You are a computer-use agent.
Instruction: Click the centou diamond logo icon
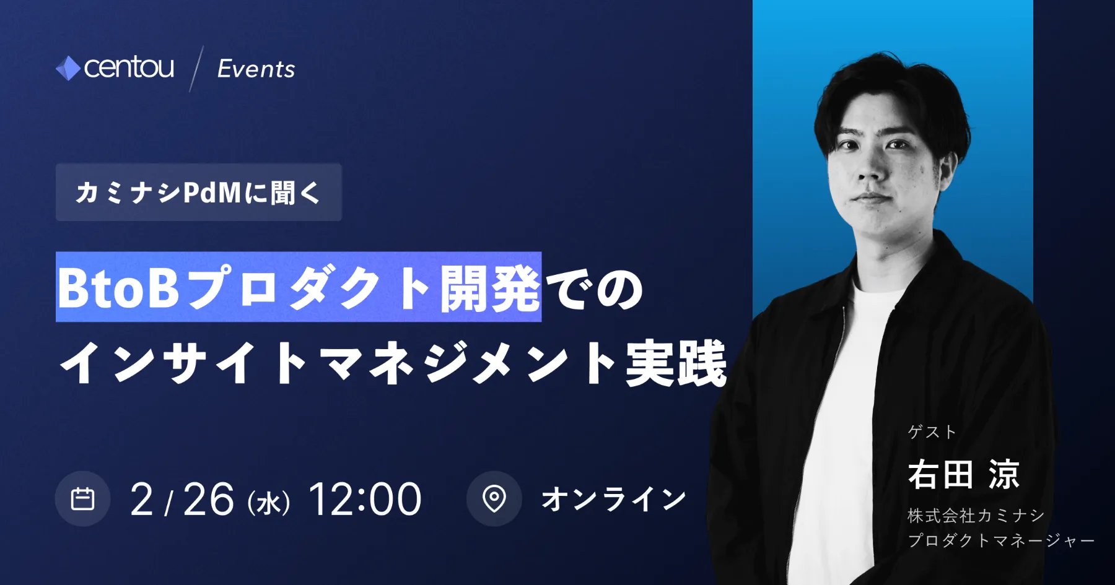pos(68,68)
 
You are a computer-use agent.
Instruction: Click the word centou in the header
pos(129,67)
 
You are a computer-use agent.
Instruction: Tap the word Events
pos(256,69)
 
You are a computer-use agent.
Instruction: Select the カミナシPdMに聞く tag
pos(198,193)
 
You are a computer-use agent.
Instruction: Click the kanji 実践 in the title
pos(676,363)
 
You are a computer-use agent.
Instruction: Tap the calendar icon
pos(82,499)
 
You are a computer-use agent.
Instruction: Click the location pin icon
pos(494,499)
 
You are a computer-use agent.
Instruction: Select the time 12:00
pos(365,499)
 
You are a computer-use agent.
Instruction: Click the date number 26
pos(209,499)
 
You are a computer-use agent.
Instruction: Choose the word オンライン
pos(614,499)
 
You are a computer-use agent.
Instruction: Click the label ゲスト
pos(932,431)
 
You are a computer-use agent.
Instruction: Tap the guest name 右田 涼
pos(964,474)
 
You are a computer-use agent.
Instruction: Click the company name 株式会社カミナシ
pos(976,515)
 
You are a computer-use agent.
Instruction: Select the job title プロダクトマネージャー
pos(1001,540)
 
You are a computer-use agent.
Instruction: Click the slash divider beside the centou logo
pos(196,69)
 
